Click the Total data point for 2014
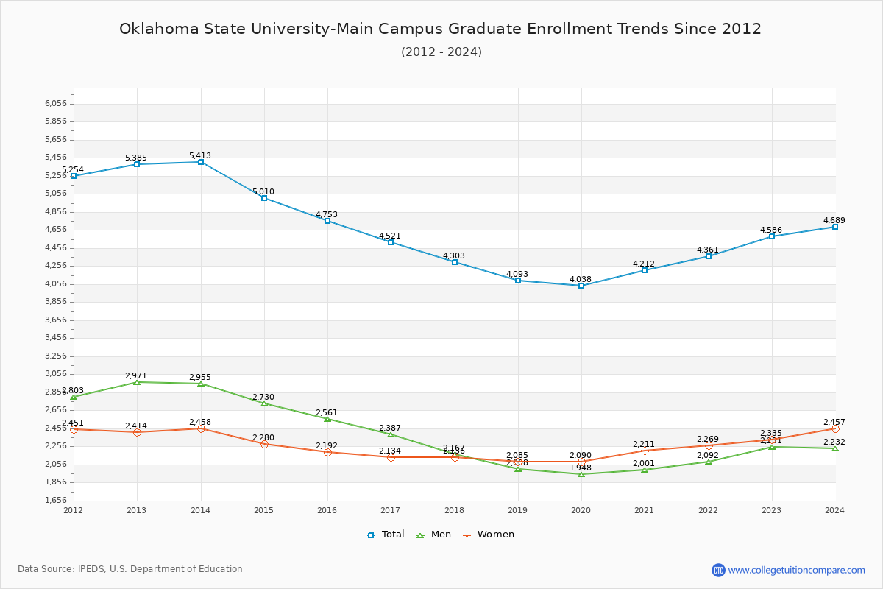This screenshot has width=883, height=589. pyautogui.click(x=201, y=162)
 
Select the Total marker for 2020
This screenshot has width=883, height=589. pyautogui.click(x=581, y=286)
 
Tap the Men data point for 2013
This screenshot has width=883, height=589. pyautogui.click(x=137, y=382)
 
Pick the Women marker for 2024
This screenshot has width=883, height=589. pyautogui.click(x=835, y=428)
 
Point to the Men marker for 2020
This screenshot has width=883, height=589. pyautogui.click(x=581, y=474)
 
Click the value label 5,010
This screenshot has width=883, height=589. pyautogui.click(x=263, y=191)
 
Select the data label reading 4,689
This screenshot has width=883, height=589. pyautogui.click(x=834, y=220)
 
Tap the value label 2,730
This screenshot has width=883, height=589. pyautogui.click(x=263, y=397)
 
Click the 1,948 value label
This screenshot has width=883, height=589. pyautogui.click(x=581, y=468)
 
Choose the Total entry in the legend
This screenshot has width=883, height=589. pyautogui.click(x=386, y=535)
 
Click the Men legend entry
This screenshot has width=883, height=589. pyautogui.click(x=434, y=535)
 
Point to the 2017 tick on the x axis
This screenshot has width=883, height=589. pyautogui.click(x=391, y=509)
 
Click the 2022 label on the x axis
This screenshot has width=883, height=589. pyautogui.click(x=708, y=509)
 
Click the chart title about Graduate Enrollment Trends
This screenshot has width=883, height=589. pyautogui.click(x=441, y=29)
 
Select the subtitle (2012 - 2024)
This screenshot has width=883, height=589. pyautogui.click(x=441, y=52)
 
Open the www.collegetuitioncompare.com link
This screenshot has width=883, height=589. pyautogui.click(x=796, y=570)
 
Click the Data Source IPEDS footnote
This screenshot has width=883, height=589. pyautogui.click(x=130, y=569)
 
